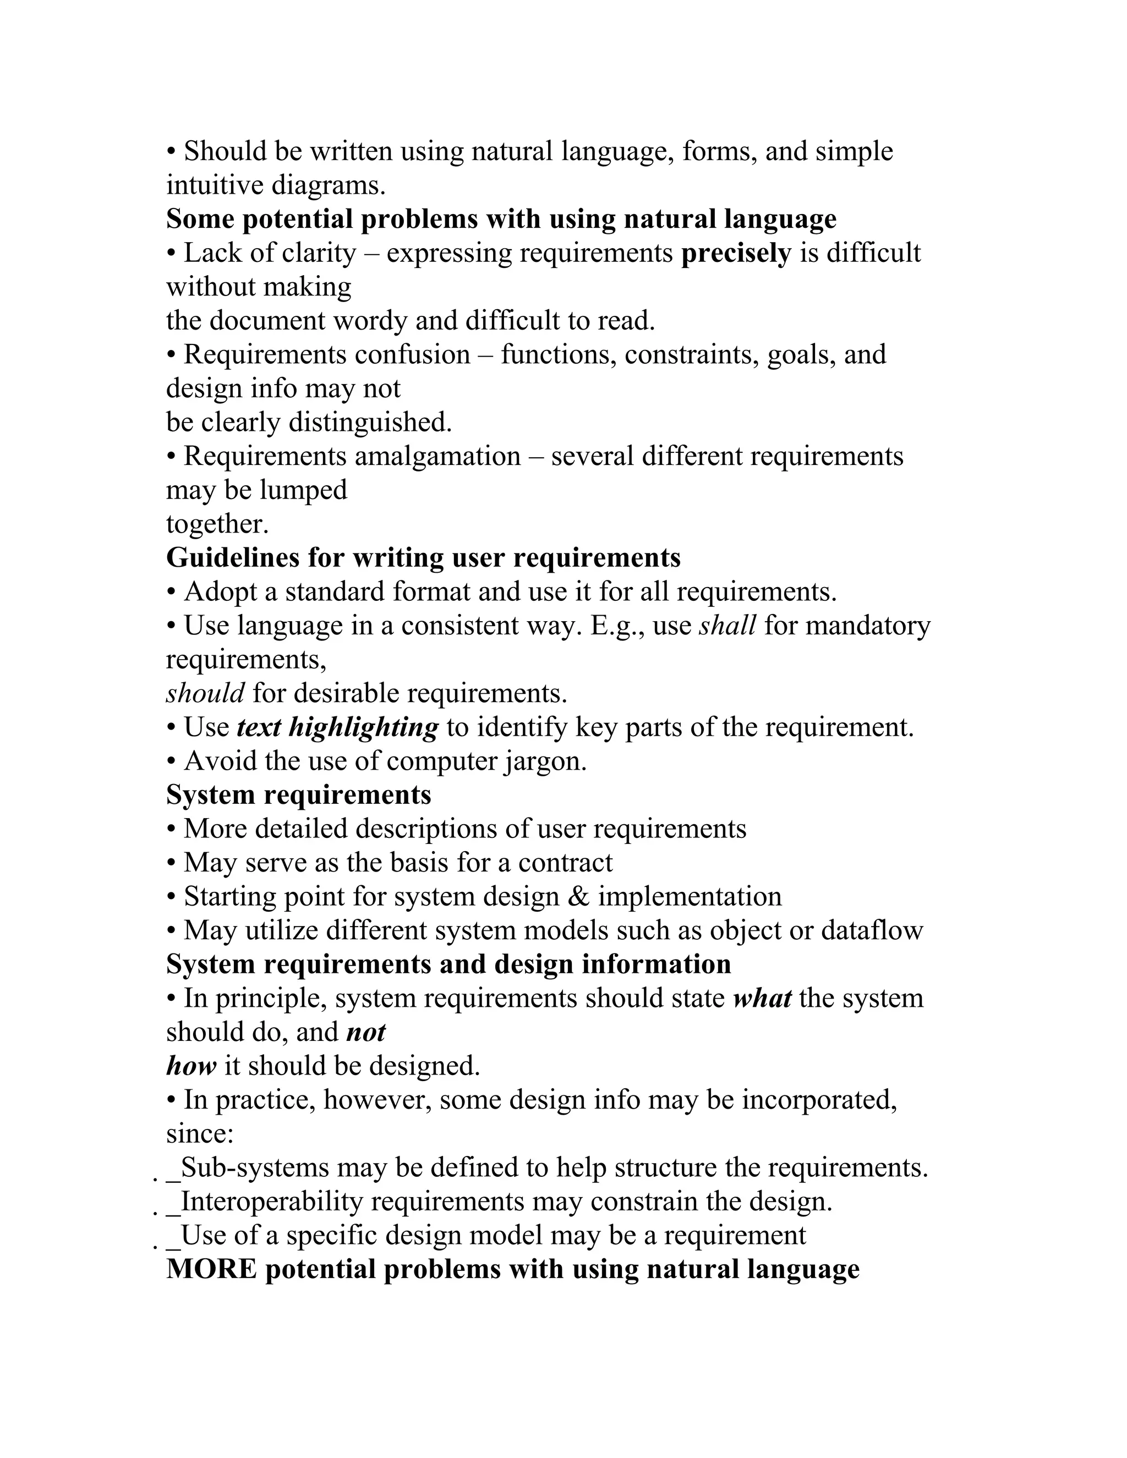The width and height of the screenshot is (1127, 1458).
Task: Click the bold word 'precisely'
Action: tap(736, 254)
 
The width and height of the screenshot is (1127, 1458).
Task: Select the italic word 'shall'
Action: tap(727, 626)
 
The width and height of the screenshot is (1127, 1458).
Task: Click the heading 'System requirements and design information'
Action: tap(448, 964)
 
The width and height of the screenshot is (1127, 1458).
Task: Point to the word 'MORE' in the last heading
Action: tap(211, 1269)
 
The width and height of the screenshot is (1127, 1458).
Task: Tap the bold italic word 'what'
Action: tap(762, 999)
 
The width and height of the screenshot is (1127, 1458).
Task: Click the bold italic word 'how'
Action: tap(191, 1066)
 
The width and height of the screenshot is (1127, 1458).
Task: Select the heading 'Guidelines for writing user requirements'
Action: tap(423, 558)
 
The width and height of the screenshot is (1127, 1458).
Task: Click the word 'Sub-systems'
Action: tap(255, 1168)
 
